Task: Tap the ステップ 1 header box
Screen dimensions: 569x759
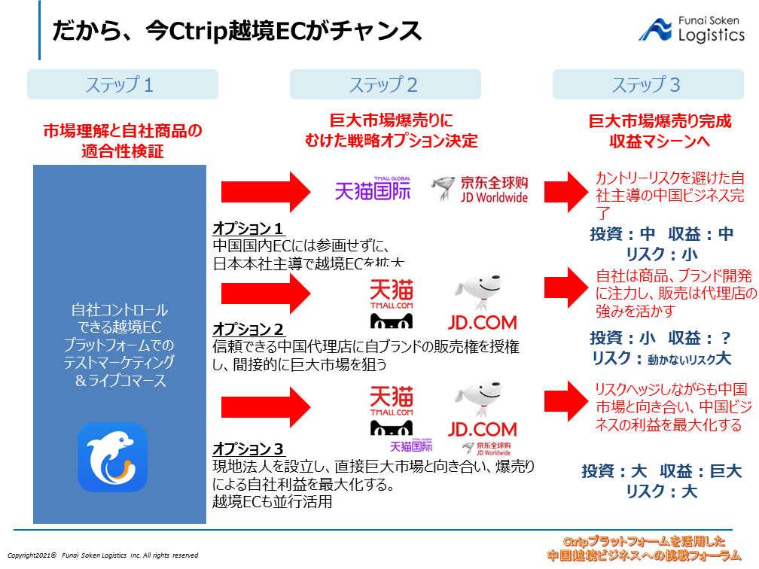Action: pyautogui.click(x=122, y=84)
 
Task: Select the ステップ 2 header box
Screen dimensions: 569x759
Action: pyautogui.click(x=385, y=84)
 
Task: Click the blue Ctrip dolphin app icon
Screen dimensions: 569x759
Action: pyautogui.click(x=112, y=457)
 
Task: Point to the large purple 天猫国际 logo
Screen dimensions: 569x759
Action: pyautogui.click(x=373, y=189)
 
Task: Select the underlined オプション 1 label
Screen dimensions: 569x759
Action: pyautogui.click(x=248, y=229)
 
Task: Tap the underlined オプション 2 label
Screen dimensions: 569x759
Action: pyautogui.click(x=248, y=330)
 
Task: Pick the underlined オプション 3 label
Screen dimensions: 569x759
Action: pyautogui.click(x=248, y=448)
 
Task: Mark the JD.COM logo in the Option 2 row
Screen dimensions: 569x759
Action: pyautogui.click(x=482, y=305)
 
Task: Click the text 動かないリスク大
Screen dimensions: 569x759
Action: pyautogui.click(x=689, y=359)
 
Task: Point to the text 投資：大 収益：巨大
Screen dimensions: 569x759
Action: pyautogui.click(x=661, y=472)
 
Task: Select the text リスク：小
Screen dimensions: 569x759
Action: pyautogui.click(x=661, y=254)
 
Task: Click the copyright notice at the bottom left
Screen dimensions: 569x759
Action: pyautogui.click(x=103, y=555)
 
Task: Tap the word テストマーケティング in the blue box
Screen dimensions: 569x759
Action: pyautogui.click(x=120, y=363)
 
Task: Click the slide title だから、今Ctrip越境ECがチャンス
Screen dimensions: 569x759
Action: pyautogui.click(x=236, y=32)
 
